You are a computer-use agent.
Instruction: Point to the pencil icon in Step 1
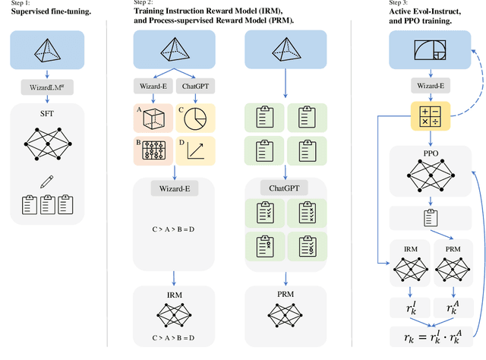50,181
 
